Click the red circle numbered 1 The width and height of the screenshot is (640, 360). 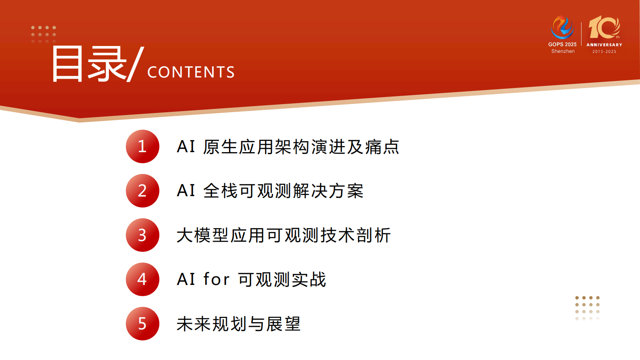[x=142, y=147]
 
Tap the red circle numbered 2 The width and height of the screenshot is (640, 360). [x=142, y=191]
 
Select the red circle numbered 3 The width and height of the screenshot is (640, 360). [x=142, y=235]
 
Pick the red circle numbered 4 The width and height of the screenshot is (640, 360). [x=142, y=279]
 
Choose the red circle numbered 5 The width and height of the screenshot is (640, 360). [x=142, y=324]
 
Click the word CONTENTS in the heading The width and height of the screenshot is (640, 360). [x=191, y=72]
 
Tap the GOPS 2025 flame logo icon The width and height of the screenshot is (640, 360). [x=562, y=27]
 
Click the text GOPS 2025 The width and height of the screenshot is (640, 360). [x=562, y=44]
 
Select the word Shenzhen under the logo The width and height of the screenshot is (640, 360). [x=563, y=51]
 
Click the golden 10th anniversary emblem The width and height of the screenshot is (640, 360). [x=604, y=27]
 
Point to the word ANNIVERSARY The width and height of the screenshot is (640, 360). [x=604, y=45]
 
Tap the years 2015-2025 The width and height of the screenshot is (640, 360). [x=604, y=52]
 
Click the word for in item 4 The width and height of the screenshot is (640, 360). [x=217, y=279]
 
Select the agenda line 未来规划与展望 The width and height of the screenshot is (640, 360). [x=239, y=324]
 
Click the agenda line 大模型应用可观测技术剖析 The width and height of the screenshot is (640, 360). [x=284, y=235]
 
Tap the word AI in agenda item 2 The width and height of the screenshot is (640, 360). [x=186, y=191]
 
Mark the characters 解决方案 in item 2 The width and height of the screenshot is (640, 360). [x=328, y=191]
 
